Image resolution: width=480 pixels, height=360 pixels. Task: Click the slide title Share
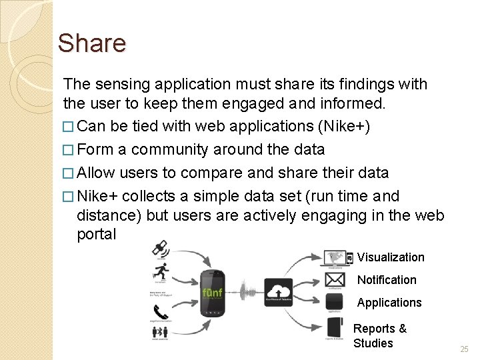coord(91,43)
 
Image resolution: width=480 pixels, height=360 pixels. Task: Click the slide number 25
coord(464,349)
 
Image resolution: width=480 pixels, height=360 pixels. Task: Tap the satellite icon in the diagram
coord(160,249)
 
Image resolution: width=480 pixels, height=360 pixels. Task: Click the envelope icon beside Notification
coord(335,279)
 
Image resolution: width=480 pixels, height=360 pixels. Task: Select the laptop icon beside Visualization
coord(337,257)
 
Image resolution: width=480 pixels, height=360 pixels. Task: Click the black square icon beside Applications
coord(335,301)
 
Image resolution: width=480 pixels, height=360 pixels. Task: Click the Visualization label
coord(391,257)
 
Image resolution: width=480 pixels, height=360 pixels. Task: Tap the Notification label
coord(387,280)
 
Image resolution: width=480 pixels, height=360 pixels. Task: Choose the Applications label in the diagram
coord(389,303)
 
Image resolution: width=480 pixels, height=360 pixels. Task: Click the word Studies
coord(373,343)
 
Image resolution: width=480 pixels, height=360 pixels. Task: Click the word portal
coord(97,235)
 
